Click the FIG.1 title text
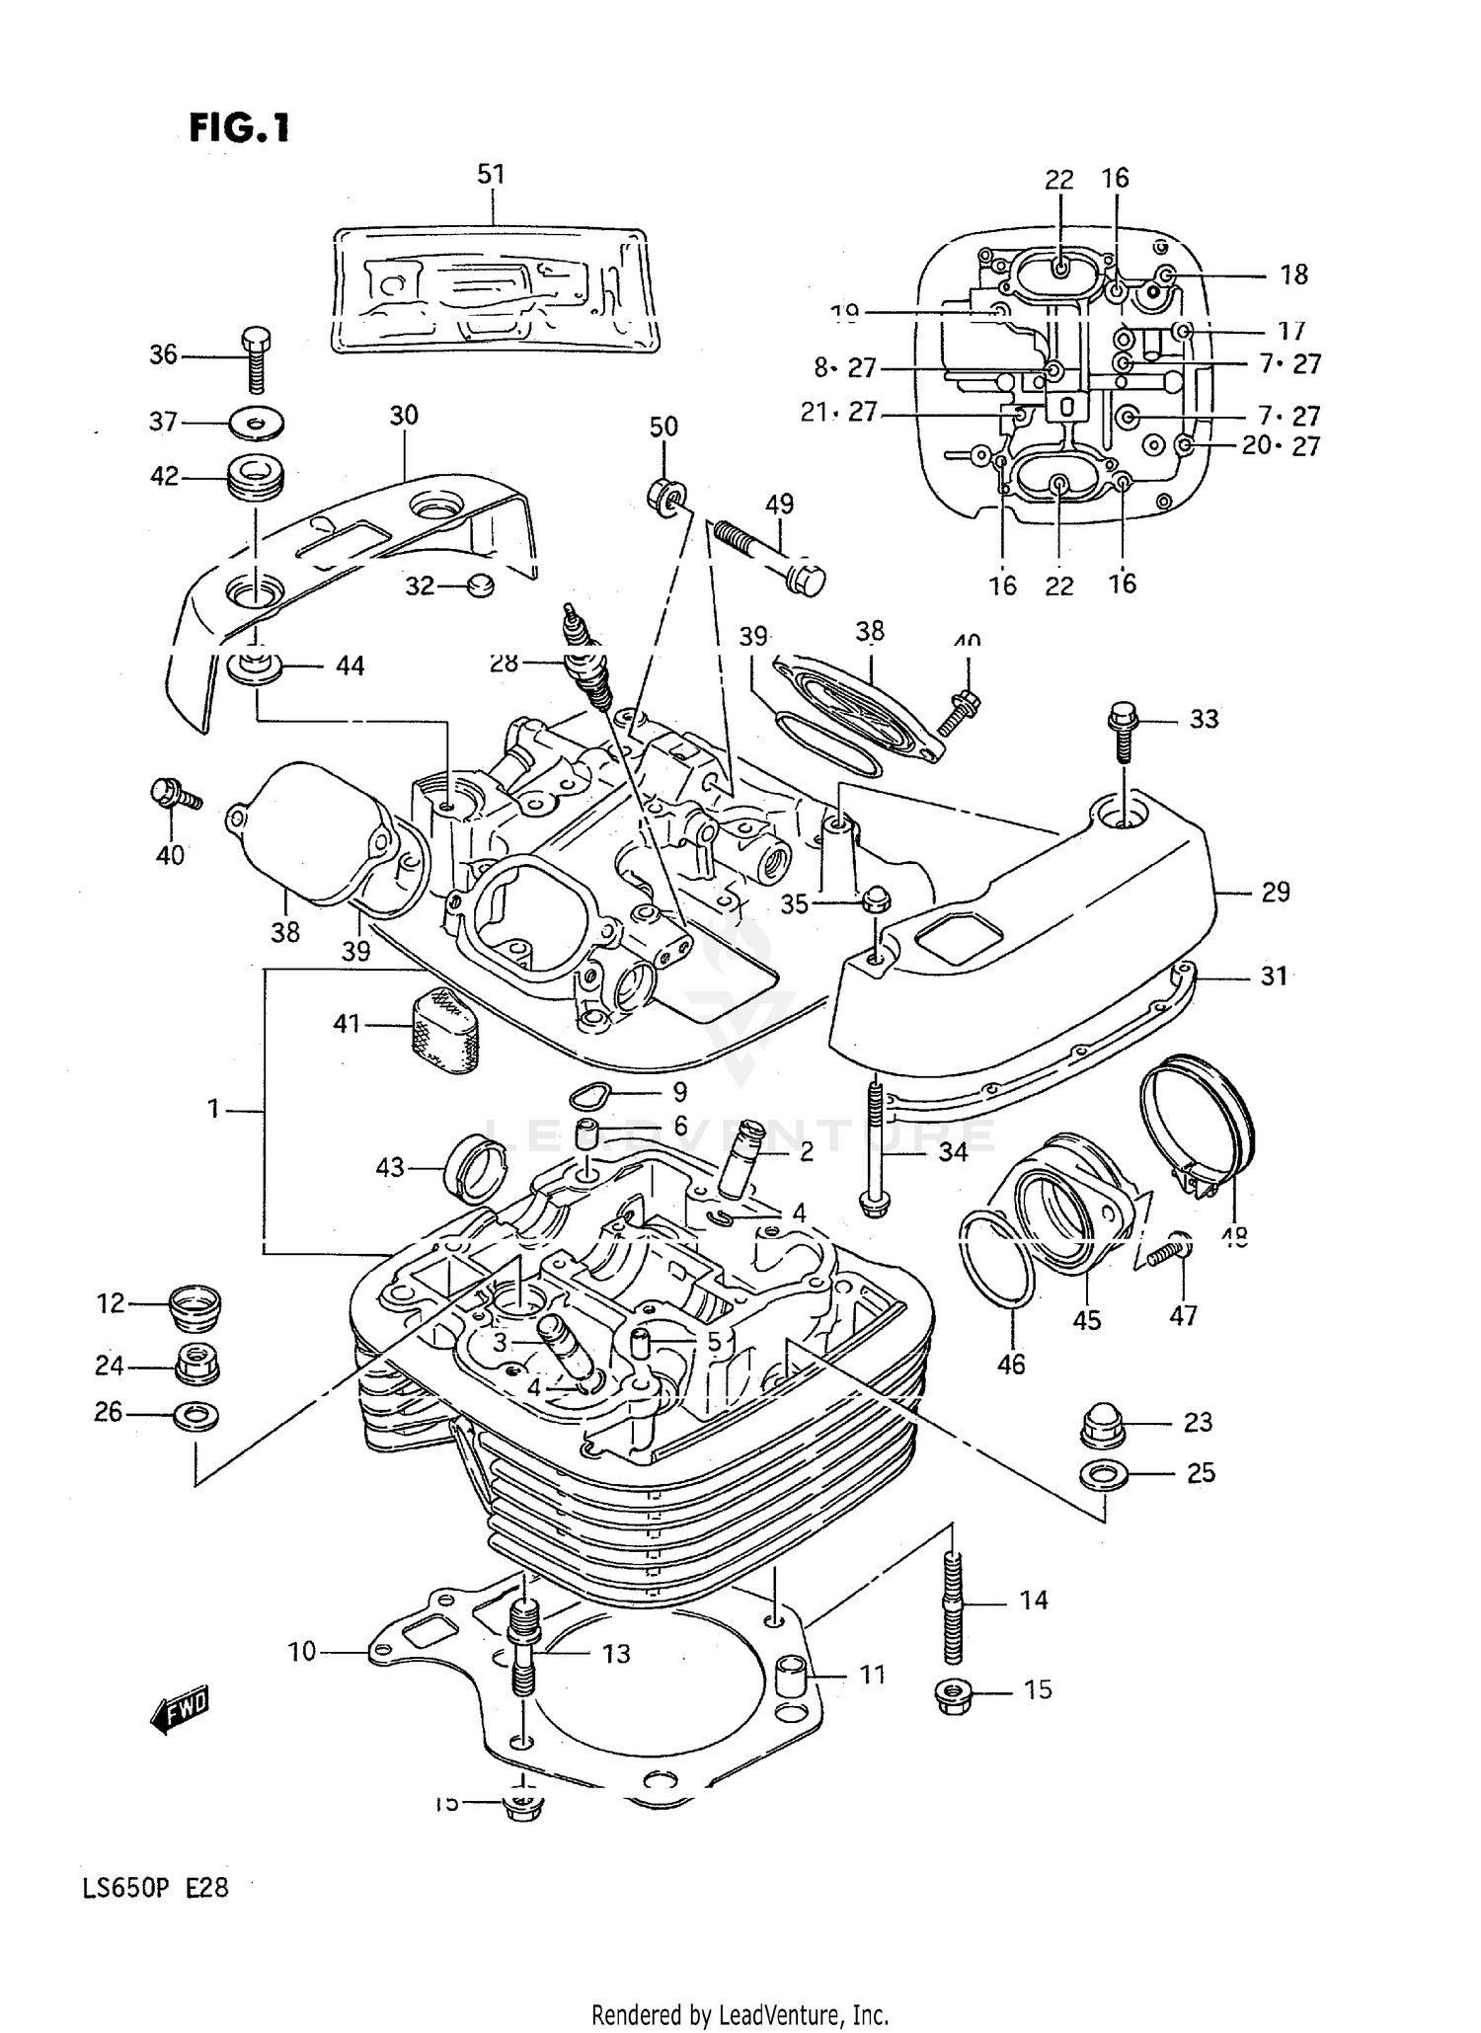[240, 127]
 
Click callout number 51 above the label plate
[491, 175]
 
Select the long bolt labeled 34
[875, 1145]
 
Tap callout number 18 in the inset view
[1293, 275]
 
